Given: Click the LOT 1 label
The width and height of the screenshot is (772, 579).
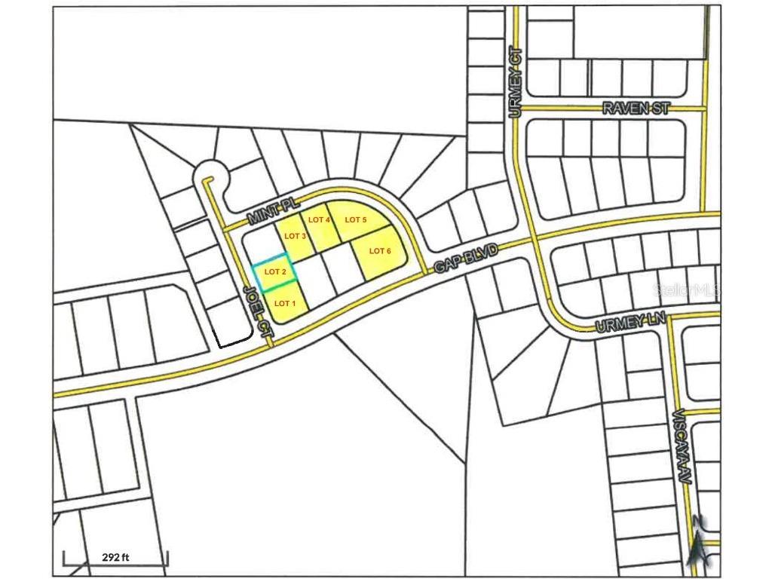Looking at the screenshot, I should click(284, 303).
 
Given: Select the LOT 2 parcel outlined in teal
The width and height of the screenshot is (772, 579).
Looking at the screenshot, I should click(274, 272).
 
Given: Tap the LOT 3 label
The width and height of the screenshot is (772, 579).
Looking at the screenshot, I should click(295, 236).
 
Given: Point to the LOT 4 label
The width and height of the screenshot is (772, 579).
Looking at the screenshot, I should click(319, 219).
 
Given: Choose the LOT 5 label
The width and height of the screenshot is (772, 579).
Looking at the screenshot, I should click(355, 219).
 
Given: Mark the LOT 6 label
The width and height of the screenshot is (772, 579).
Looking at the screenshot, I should click(380, 251).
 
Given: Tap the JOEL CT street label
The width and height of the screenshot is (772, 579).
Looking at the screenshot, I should click(258, 309).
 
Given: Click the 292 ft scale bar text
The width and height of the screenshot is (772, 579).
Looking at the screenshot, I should click(115, 558).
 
